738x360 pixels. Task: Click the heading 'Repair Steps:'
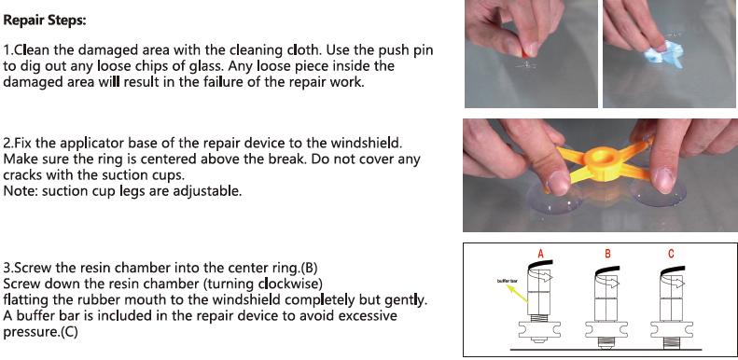[46, 18]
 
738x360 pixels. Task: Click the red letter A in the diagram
[540, 254]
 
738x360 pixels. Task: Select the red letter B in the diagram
[607, 254]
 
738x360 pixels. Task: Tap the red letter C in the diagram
[671, 254]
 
